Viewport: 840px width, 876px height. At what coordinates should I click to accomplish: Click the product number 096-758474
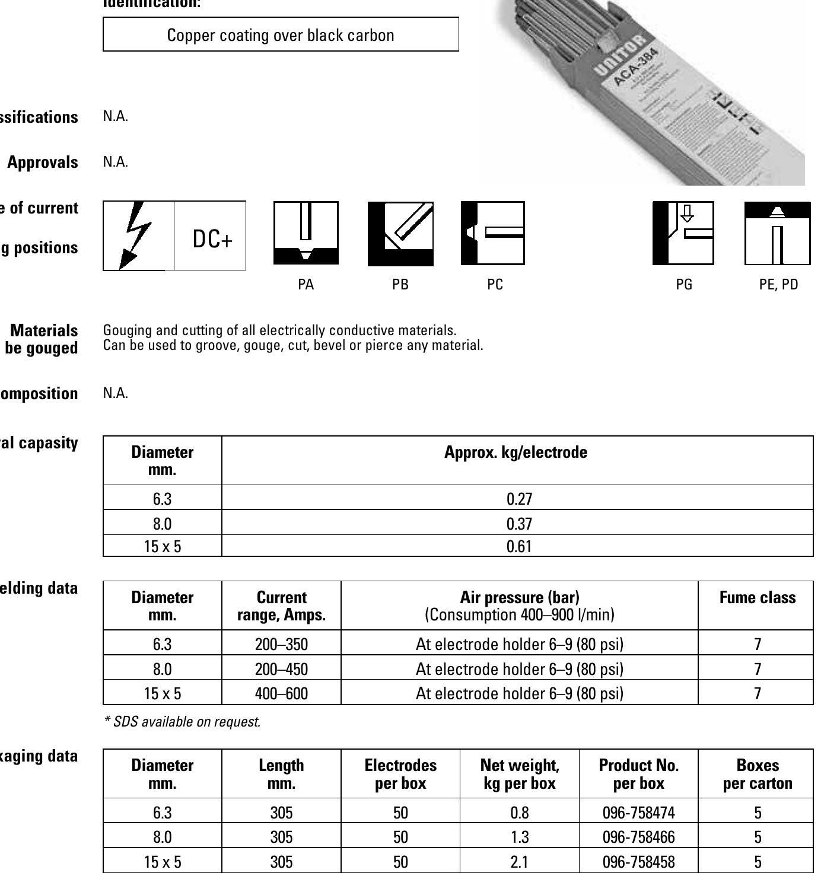pos(638,812)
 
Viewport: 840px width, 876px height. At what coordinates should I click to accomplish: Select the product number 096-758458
pos(638,861)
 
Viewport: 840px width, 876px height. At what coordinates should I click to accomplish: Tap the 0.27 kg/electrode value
pos(519,499)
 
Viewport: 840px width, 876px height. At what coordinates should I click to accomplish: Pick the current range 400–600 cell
pos(281,693)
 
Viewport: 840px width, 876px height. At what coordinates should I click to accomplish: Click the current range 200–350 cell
pos(281,644)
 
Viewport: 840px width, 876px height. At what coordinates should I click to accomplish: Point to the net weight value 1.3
pos(519,837)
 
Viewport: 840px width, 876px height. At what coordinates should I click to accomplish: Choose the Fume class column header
pos(757,598)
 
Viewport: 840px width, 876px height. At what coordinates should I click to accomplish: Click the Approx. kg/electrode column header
pos(516,453)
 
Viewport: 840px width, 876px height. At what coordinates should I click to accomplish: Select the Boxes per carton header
pos(757,774)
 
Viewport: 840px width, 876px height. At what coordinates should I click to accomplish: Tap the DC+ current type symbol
pos(212,239)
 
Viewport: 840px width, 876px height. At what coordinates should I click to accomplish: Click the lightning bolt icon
pos(137,235)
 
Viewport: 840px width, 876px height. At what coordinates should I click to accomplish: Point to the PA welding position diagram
pos(306,233)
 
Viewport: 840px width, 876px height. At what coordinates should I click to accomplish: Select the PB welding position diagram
pos(400,234)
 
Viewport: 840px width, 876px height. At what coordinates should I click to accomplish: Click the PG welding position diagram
pos(683,233)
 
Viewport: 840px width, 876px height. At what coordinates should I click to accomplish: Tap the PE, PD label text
pos(778,285)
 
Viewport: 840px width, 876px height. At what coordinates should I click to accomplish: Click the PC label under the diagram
pos(495,285)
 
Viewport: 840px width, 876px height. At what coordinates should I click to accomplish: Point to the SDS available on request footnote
pos(182,722)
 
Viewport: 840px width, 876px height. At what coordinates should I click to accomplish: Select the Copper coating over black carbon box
pos(281,35)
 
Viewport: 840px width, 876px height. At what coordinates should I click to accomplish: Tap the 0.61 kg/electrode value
pos(519,546)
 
